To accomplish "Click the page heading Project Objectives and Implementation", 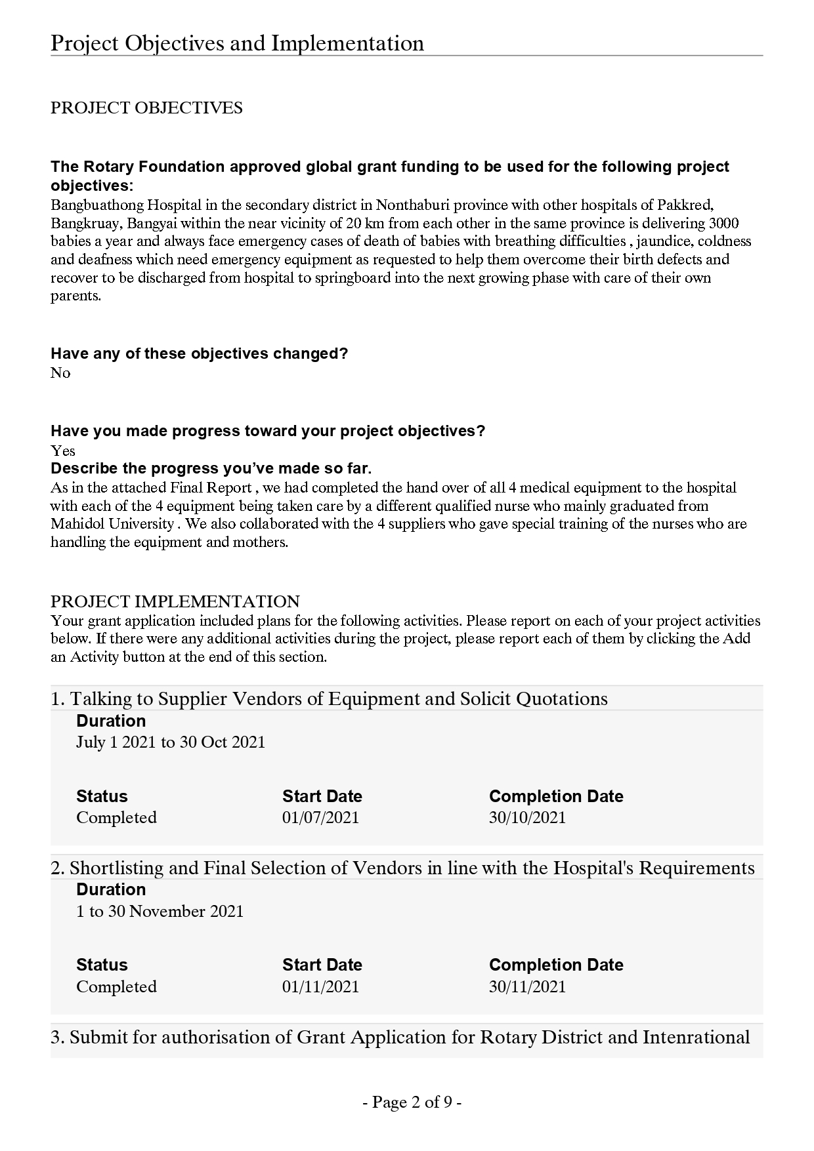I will click(237, 43).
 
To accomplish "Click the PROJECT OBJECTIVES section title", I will click(146, 108).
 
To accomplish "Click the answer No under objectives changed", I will click(60, 373).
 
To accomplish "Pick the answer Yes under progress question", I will click(63, 451).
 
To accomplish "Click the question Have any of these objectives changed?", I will click(199, 354).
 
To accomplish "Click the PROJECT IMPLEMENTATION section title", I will click(175, 602).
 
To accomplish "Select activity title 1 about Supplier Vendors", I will click(329, 699).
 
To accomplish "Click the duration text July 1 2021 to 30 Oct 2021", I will click(171, 742).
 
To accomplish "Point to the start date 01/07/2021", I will click(320, 818).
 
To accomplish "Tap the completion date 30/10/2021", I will click(527, 818).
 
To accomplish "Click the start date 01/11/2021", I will click(320, 987).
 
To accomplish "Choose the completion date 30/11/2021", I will click(527, 987).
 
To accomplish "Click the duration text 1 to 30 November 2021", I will click(160, 912).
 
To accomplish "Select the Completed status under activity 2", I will click(116, 987).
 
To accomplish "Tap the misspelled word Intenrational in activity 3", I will click(696, 1038).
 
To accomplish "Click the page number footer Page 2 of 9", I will click(412, 1102).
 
